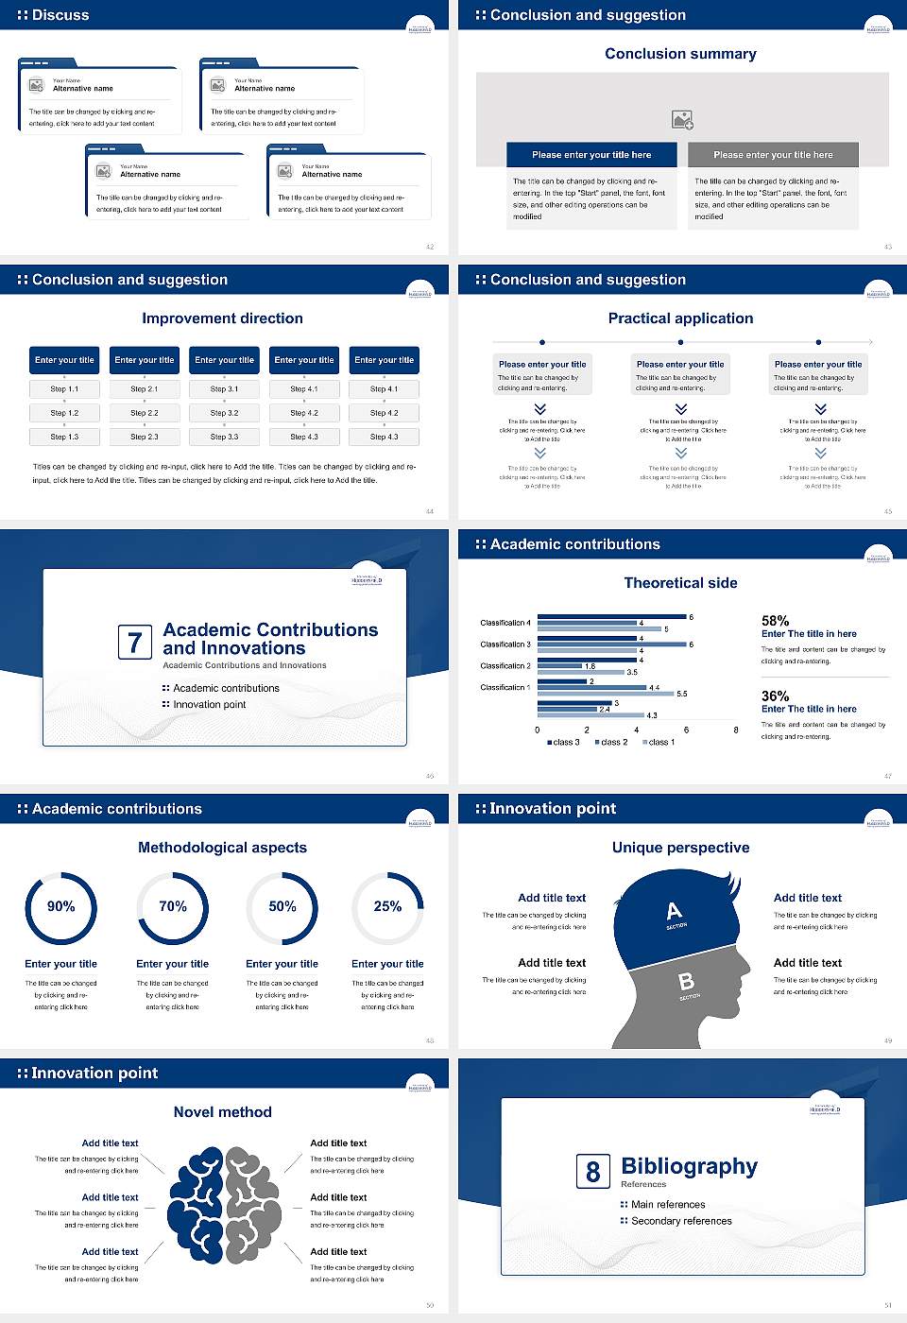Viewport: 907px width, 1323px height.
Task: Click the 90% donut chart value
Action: click(x=61, y=906)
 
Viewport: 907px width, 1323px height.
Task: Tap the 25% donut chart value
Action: click(x=387, y=906)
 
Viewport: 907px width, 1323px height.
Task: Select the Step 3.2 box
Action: click(x=224, y=413)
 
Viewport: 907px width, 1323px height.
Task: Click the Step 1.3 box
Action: click(x=64, y=437)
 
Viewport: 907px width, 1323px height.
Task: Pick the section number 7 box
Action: click(x=134, y=643)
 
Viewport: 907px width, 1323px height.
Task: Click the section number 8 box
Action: click(x=592, y=1172)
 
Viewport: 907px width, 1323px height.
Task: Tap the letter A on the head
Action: click(x=674, y=911)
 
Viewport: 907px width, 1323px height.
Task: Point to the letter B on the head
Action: click(x=687, y=982)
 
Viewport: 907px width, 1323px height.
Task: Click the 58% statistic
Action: click(x=775, y=621)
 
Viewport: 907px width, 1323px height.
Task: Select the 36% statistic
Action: click(x=775, y=696)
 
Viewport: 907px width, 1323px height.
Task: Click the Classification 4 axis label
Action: click(x=505, y=623)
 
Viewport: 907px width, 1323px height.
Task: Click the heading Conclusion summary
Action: click(x=680, y=54)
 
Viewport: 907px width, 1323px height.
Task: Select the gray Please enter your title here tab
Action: click(x=773, y=155)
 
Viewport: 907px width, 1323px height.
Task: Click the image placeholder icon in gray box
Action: click(x=682, y=119)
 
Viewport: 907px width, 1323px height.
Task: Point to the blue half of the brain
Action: click(x=197, y=1205)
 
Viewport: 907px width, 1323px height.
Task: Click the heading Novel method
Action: click(x=222, y=1112)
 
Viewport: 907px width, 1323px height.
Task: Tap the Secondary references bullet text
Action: click(x=681, y=1221)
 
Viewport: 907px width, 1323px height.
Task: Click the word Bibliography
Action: click(x=689, y=1166)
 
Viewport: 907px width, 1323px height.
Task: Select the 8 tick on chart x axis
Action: click(x=736, y=730)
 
